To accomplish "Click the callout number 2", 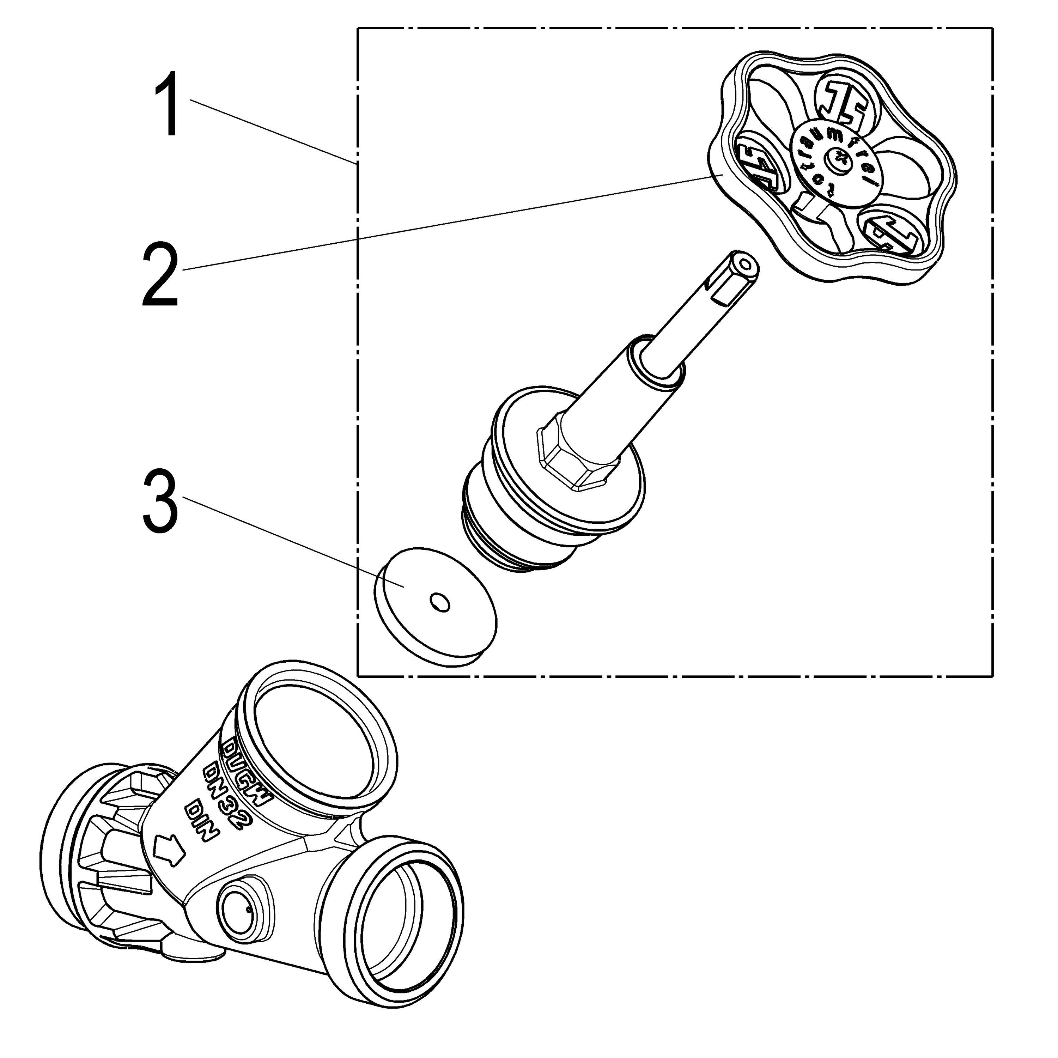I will tap(159, 276).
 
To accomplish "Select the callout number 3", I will tap(159, 502).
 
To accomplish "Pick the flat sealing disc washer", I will tap(435, 605).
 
